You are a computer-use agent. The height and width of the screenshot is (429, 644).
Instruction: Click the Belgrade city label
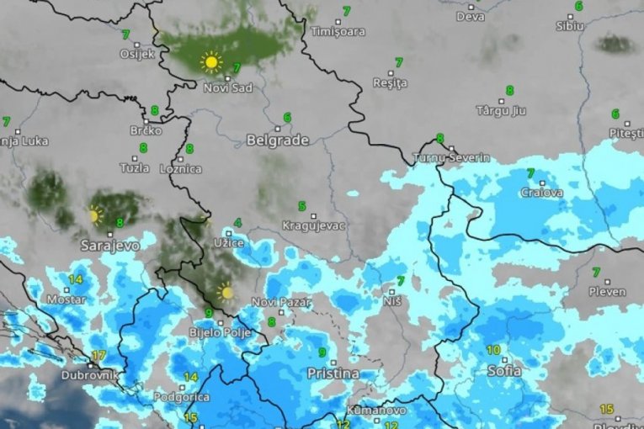click(277, 140)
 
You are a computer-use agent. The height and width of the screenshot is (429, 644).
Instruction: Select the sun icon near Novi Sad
click(210, 61)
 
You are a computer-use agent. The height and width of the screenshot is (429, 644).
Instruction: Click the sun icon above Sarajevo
click(94, 215)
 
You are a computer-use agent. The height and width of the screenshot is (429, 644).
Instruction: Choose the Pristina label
click(333, 373)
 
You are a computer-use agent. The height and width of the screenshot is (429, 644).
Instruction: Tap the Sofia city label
click(504, 370)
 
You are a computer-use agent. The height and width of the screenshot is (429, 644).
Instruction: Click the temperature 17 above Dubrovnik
click(98, 355)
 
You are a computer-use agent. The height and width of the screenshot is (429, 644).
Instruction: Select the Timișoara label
click(338, 32)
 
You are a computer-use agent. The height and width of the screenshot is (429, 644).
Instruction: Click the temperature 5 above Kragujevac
click(301, 206)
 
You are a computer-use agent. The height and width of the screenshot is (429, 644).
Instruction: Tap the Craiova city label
click(540, 193)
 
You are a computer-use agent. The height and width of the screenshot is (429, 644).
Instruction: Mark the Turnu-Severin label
click(453, 158)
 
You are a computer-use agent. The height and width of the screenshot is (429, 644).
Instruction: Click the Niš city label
click(391, 300)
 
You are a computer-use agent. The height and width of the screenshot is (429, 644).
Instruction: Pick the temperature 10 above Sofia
click(492, 349)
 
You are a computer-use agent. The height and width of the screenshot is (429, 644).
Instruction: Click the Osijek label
click(138, 54)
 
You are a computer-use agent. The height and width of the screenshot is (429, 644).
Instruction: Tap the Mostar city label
click(66, 299)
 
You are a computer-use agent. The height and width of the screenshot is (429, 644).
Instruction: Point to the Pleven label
click(607, 292)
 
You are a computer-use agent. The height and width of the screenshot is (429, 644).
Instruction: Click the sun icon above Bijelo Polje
click(225, 292)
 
